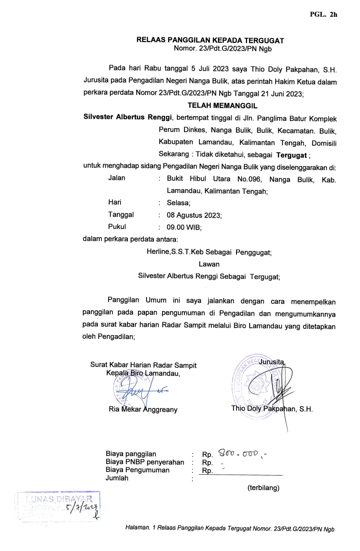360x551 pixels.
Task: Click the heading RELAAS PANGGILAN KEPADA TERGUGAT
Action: [x=210, y=41]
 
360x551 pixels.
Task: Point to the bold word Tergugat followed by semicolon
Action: [x=291, y=155]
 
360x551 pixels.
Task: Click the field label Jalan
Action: [x=116, y=178]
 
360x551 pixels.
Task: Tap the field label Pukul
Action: [x=117, y=227]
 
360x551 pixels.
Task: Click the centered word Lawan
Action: [x=209, y=264]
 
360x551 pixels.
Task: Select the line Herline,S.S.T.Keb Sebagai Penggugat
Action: [x=209, y=253]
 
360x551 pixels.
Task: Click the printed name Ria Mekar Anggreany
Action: [x=143, y=409]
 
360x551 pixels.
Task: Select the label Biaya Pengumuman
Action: [x=137, y=470]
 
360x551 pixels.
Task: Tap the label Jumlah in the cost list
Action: [x=117, y=478]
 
